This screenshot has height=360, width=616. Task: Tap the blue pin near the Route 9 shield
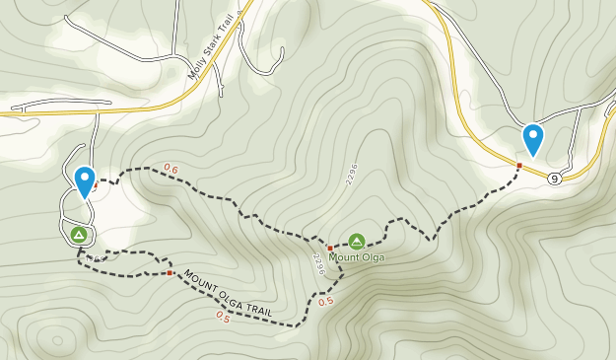tap(533, 139)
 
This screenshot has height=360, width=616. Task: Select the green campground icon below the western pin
tap(79, 235)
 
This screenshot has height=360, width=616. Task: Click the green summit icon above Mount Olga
tap(357, 241)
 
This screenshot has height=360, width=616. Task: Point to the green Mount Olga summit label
tap(357, 257)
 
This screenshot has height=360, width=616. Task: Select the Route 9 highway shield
tap(555, 179)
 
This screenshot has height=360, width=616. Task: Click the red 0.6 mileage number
tap(171, 169)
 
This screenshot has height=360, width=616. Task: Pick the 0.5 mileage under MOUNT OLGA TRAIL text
tap(223, 318)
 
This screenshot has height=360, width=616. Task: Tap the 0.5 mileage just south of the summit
tap(326, 302)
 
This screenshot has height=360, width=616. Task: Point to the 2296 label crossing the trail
tap(318, 263)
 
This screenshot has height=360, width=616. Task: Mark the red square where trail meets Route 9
tap(519, 165)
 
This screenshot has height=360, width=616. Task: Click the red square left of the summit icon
tap(330, 249)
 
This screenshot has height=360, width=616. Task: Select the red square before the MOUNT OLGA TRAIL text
tap(170, 272)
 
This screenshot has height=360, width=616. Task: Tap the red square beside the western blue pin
tap(96, 183)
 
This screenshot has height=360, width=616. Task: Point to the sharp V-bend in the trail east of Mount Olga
tap(431, 239)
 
